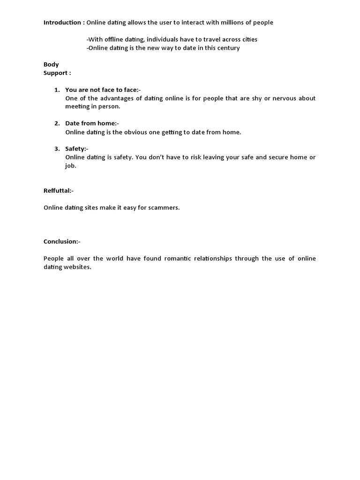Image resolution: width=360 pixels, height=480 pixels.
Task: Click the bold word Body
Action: point(51,64)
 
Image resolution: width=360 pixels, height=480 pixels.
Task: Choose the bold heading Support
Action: point(57,73)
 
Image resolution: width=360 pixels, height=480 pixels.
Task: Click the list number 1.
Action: point(57,90)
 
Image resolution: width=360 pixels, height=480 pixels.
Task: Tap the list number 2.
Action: point(57,123)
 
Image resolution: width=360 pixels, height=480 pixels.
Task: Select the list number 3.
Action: point(57,149)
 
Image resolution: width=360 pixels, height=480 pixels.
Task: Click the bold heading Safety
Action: point(76,149)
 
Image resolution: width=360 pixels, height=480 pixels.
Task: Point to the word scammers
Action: point(164,207)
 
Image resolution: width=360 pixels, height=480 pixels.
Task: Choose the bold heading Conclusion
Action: point(61,241)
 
